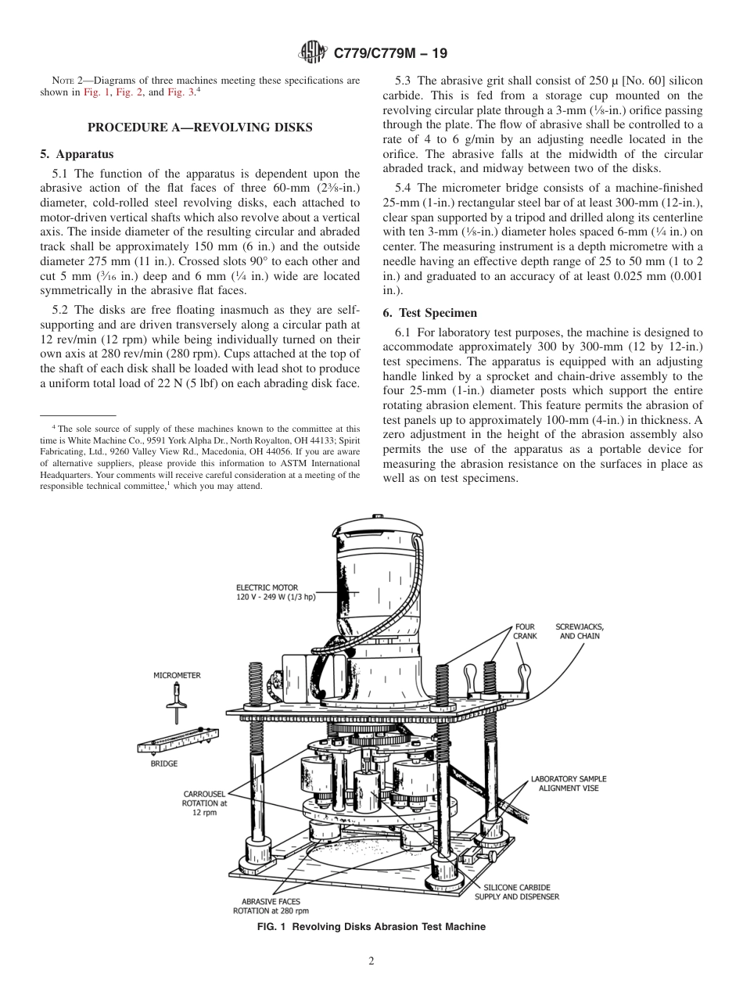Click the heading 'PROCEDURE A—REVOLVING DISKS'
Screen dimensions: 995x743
[199, 128]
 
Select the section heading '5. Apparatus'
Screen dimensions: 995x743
[77, 154]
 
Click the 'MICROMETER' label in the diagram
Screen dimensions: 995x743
[177, 674]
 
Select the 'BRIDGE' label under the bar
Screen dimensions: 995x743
[164, 763]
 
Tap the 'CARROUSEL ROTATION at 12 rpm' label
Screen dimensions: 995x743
[204, 803]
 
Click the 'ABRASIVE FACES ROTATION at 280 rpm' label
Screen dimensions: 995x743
[271, 906]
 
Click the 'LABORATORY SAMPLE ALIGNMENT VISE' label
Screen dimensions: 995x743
[569, 784]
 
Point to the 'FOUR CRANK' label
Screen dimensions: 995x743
[525, 631]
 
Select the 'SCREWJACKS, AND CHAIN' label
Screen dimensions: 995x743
[580, 631]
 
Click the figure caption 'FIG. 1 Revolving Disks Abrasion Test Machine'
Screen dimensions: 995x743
[371, 927]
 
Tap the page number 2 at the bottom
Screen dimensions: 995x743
[371, 961]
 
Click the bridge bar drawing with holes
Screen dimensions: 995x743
[178, 740]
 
